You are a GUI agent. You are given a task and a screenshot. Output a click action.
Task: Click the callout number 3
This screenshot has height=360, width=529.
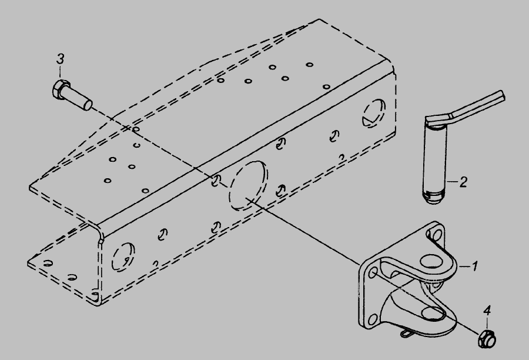(60, 59)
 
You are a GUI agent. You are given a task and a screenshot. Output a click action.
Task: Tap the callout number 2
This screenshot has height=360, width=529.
(464, 182)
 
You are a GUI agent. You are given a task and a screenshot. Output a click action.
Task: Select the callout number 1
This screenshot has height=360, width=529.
(474, 266)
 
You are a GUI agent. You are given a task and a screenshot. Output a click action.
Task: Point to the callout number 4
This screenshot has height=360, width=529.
(487, 311)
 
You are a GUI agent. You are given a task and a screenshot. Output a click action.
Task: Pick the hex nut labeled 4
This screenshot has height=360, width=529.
(487, 339)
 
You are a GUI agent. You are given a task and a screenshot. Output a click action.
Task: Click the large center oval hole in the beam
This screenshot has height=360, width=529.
(248, 185)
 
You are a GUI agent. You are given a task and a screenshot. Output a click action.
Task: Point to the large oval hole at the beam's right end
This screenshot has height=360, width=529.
(374, 113)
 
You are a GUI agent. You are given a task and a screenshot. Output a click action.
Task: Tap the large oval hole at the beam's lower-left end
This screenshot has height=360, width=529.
(123, 256)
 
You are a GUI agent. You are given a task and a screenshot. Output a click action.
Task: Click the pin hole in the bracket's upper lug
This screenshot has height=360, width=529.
(431, 262)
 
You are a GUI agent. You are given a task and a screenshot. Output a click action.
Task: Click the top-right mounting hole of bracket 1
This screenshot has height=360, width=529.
(437, 234)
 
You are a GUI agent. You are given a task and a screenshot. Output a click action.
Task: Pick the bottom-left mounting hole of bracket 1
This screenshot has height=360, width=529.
(373, 319)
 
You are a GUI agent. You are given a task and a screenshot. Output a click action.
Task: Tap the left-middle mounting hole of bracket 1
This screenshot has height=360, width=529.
(373, 272)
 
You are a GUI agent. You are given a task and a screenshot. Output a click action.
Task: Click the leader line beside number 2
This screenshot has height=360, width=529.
(453, 182)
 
